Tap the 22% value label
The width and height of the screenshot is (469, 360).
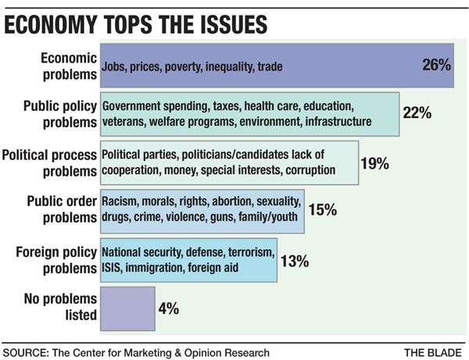point(417,112)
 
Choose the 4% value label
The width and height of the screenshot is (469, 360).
point(170,308)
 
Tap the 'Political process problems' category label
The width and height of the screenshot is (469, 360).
point(51,162)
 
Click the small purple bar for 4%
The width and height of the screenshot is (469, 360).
point(127,308)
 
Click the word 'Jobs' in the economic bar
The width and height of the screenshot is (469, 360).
point(117,67)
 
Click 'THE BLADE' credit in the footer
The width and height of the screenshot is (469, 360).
point(431,352)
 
